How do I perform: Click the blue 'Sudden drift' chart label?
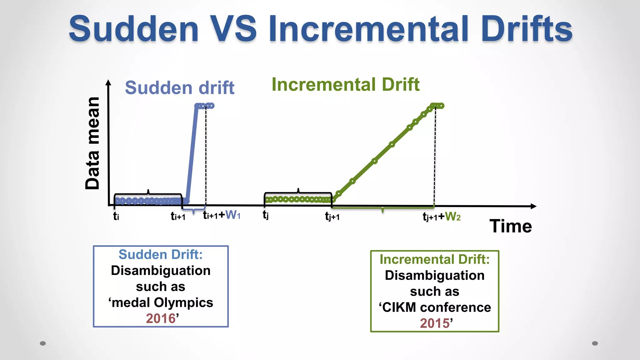pos(180,87)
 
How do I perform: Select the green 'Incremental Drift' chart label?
pos(345,84)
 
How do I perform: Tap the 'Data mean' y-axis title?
pos(92,143)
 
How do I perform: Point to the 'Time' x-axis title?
pos(511,226)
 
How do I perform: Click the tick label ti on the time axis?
pos(116,216)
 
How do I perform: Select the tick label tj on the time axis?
pos(266,215)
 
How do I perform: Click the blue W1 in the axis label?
pos(233,215)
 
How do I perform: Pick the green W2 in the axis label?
pos(452,216)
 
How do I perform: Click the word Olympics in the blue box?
pos(183,302)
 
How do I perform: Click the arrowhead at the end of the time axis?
pos(533,206)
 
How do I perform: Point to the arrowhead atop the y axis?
pos(108,82)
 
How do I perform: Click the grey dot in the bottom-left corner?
pos(43,343)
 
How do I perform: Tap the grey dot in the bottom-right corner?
pos(595,343)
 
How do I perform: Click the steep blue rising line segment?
pos(192,153)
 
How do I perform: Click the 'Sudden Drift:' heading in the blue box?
pos(161,254)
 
